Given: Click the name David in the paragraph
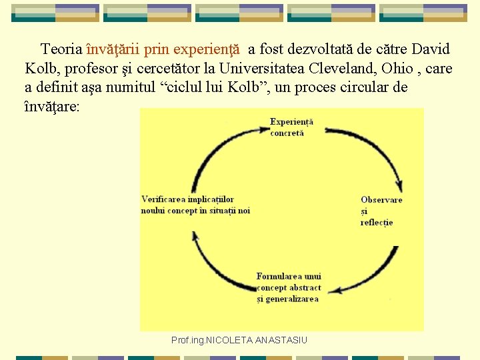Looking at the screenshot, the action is [x=431, y=49].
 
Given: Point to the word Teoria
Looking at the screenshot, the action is [x=62, y=49].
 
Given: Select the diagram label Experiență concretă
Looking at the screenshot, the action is [x=291, y=127].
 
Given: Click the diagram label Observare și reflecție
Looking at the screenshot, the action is [x=381, y=211].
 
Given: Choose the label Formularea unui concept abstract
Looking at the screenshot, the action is [x=289, y=287].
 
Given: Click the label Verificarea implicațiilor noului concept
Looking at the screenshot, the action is [x=195, y=205].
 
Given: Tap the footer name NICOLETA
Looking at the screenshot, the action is [x=229, y=340].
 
